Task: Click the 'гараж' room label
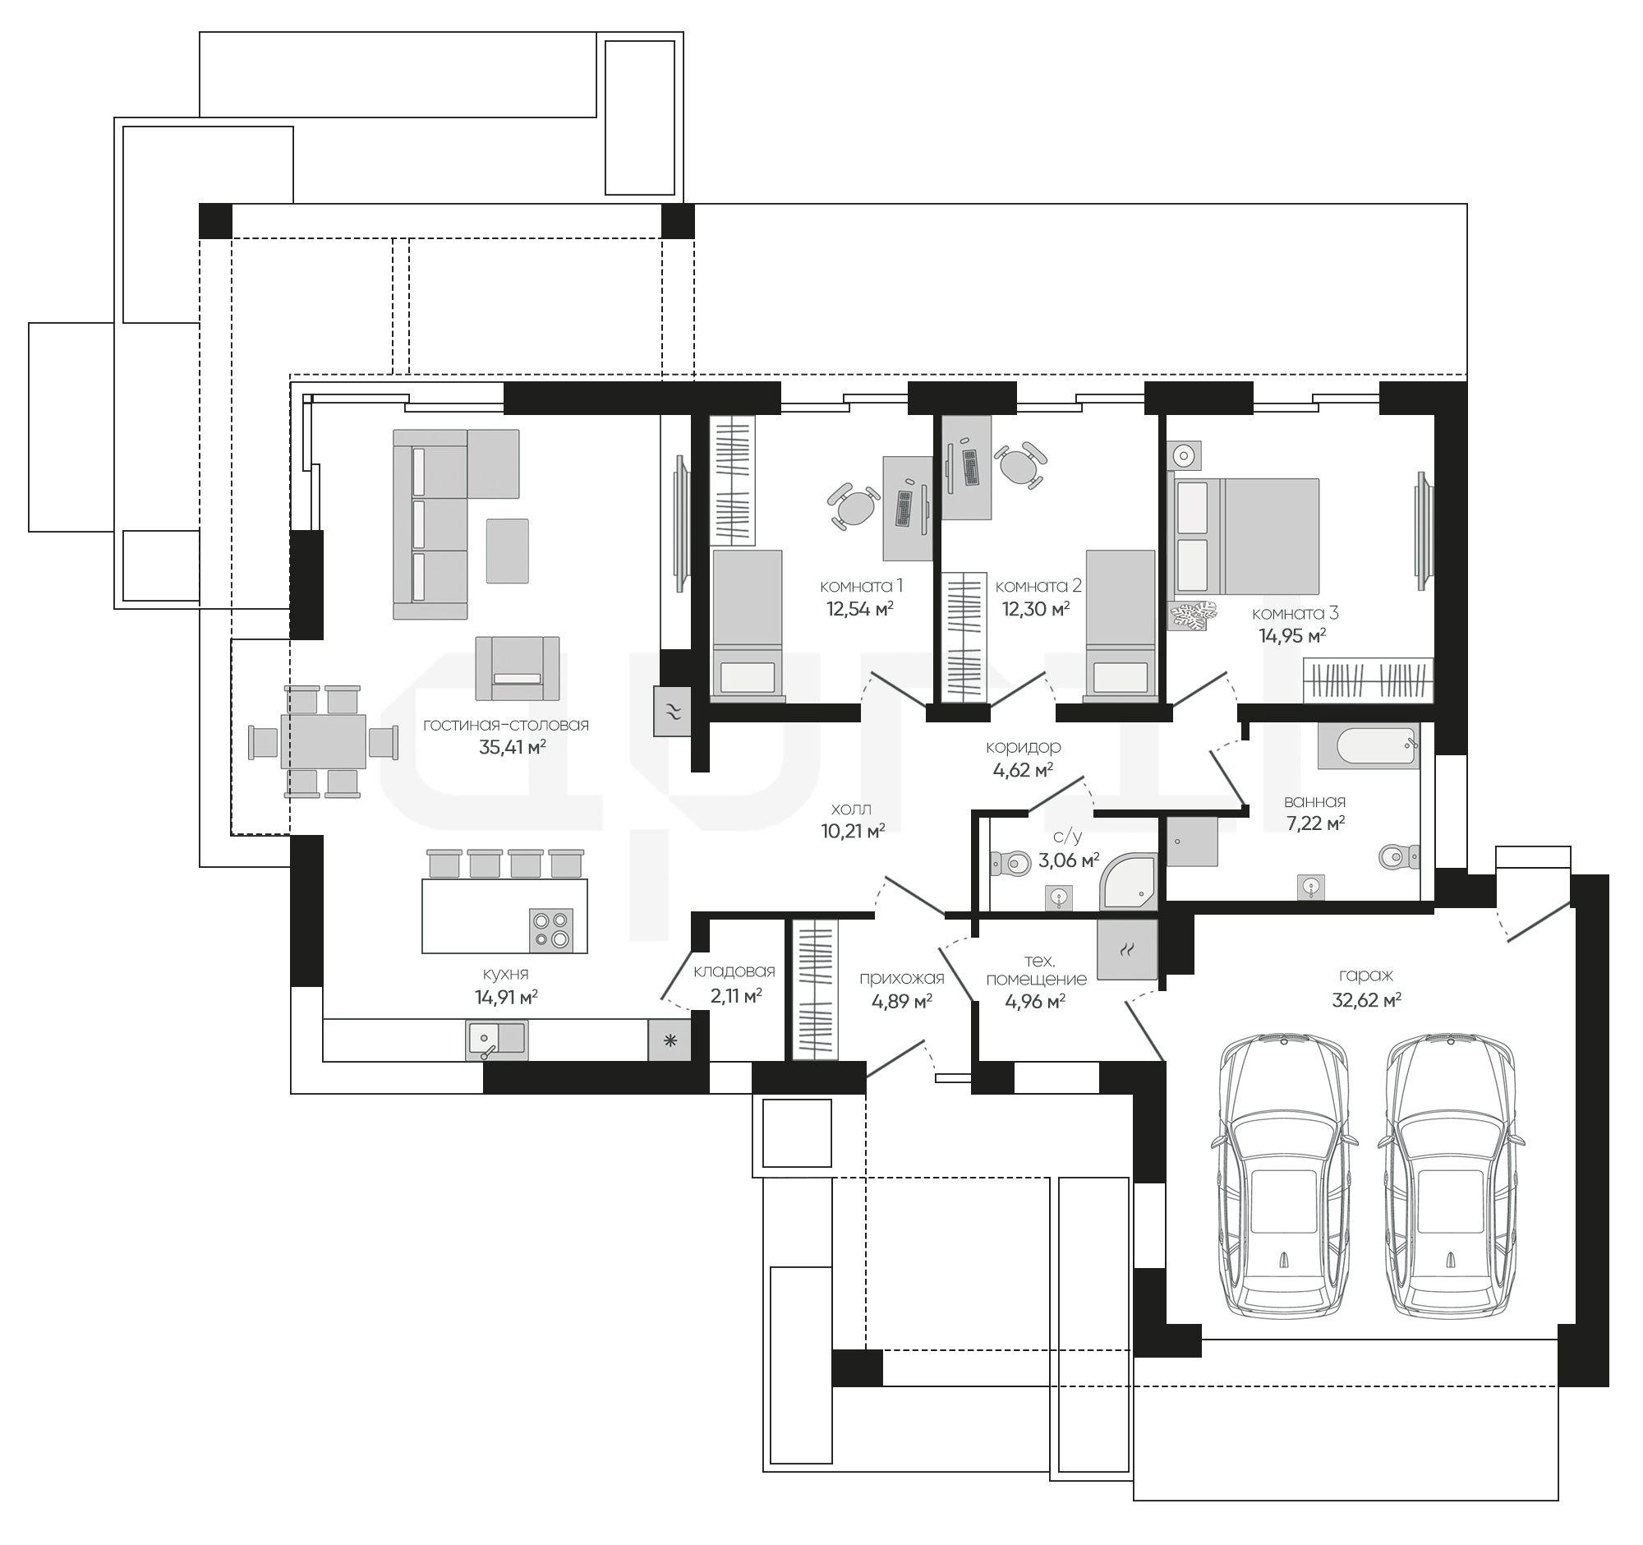click(1366, 976)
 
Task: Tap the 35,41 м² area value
click(513, 748)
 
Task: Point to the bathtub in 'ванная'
click(1369, 746)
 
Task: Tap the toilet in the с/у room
click(1010, 864)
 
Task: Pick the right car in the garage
click(1452, 1181)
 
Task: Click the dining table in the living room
click(323, 741)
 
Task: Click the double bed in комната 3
click(1243, 536)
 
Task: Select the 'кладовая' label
click(734, 971)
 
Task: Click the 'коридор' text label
click(1023, 747)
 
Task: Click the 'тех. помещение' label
click(1037, 970)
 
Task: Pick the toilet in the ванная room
click(1399, 856)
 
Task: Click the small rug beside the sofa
click(507, 551)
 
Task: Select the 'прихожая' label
click(902, 979)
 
